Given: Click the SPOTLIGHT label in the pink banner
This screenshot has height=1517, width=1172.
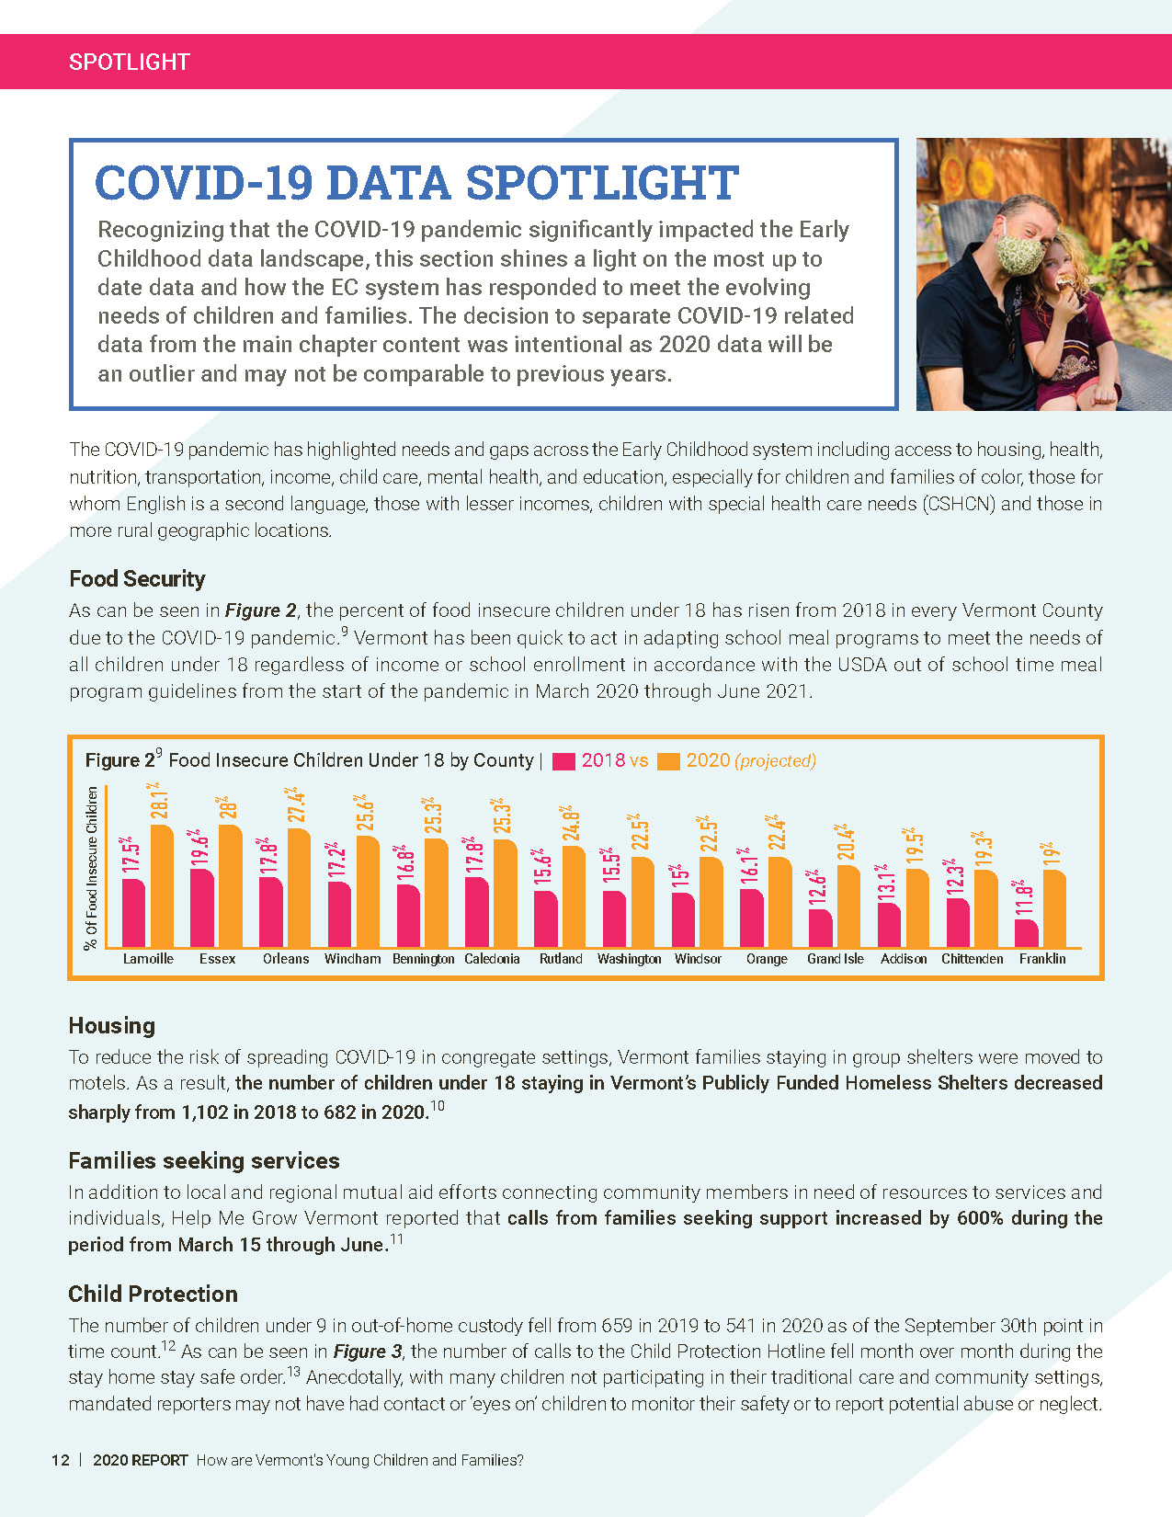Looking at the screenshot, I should (x=129, y=62).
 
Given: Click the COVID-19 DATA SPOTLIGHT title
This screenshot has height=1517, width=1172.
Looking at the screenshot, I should (x=416, y=182).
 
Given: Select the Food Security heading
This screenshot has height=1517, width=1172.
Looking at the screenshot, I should (x=137, y=578).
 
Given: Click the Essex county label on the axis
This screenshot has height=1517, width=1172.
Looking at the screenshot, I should (x=217, y=958).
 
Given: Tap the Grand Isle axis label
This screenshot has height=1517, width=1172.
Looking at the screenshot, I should (x=835, y=958).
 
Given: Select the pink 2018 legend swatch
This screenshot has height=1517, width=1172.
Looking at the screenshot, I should (x=563, y=761).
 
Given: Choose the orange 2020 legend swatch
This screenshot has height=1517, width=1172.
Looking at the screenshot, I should (x=669, y=761).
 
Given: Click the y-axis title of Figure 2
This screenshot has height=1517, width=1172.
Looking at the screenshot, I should (x=91, y=867).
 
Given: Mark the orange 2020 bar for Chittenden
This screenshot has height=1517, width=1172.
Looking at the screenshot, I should (x=985, y=907).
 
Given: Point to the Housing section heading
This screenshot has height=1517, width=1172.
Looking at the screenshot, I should (x=111, y=1025).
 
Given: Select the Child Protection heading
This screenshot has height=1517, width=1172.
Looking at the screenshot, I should (x=153, y=1294).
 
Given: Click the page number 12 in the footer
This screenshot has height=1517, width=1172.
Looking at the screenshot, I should (x=61, y=1460).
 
